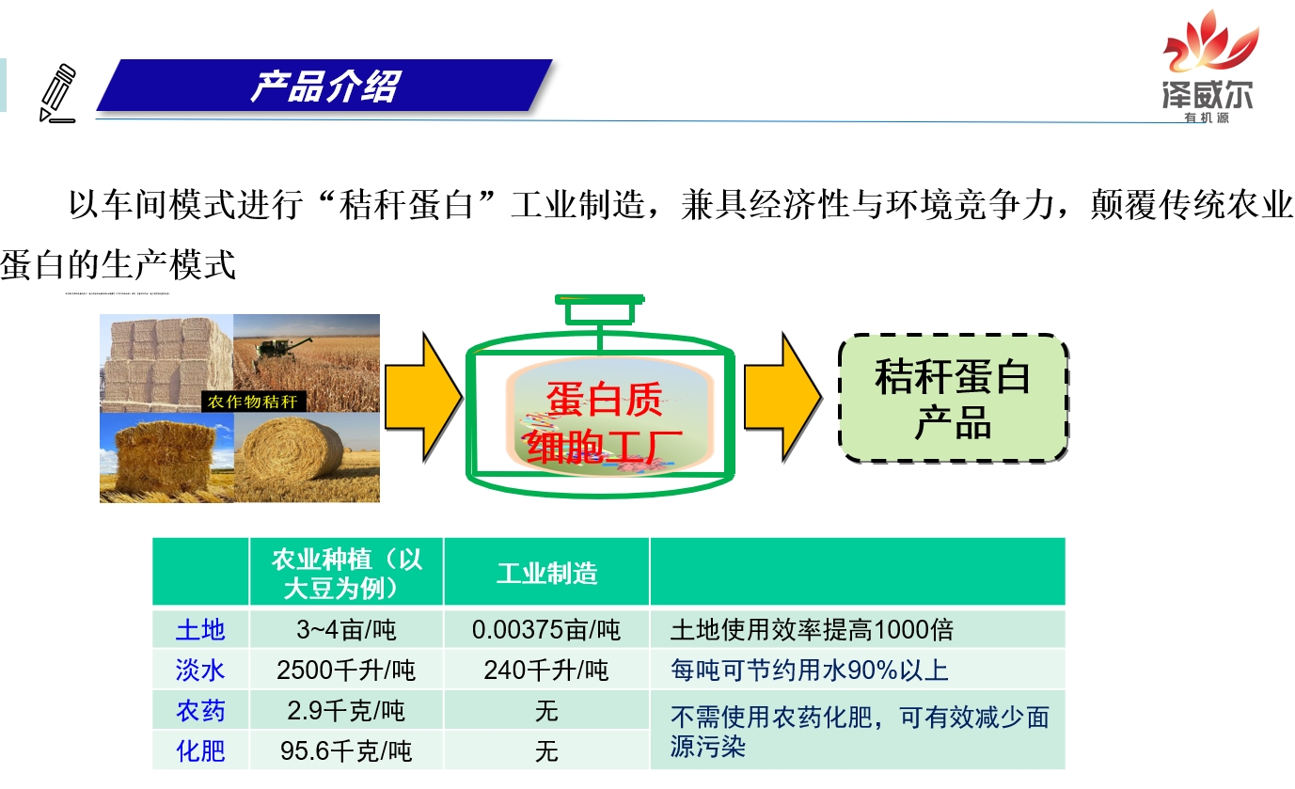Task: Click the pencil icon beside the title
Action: [57, 92]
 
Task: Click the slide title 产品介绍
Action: [324, 87]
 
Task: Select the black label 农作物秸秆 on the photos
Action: [252, 402]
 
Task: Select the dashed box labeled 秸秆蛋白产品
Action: [953, 398]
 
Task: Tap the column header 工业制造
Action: [546, 573]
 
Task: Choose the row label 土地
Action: [200, 629]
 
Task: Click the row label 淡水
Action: [200, 670]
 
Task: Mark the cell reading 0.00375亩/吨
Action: [546, 629]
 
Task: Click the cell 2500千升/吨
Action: [346, 670]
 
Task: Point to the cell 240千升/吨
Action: [546, 670]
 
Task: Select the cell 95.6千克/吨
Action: [346, 751]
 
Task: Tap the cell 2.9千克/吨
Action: [346, 711]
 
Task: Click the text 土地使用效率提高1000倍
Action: [812, 629]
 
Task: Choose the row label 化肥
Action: [200, 751]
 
